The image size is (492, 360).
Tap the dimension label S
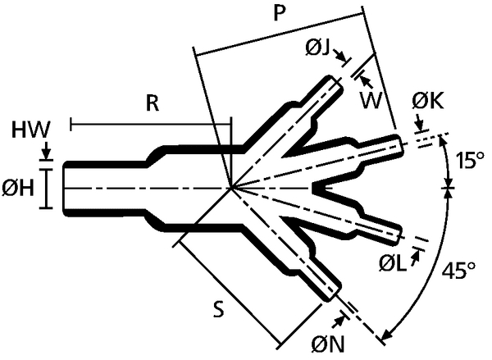pyautogui.click(x=219, y=310)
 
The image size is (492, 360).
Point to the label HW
pyautogui.click(x=32, y=130)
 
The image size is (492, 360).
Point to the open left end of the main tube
pyautogui.click(x=65, y=188)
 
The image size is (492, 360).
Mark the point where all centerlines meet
pyautogui.click(x=232, y=188)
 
